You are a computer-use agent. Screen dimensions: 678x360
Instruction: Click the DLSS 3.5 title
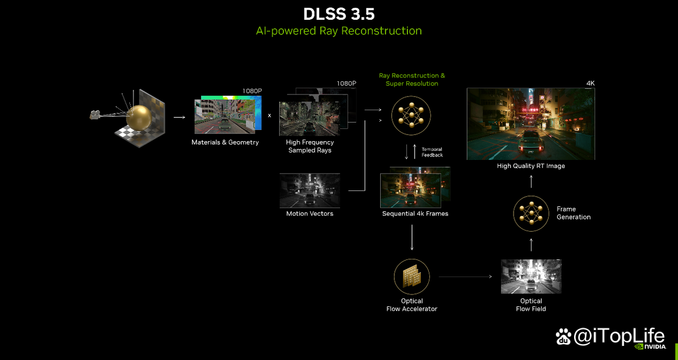(339, 14)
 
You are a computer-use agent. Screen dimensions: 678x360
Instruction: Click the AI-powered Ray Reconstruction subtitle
(338, 31)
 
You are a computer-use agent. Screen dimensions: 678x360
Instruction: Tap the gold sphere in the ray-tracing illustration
(139, 118)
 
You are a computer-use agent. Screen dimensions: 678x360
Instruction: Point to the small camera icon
(95, 115)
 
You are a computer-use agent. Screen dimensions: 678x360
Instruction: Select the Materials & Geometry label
(225, 142)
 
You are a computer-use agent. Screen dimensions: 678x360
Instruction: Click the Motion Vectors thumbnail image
(310, 190)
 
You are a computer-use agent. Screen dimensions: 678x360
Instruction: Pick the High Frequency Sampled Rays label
(310, 146)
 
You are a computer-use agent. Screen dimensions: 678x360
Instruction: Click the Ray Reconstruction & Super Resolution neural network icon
(411, 115)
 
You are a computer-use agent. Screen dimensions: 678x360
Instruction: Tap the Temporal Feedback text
(432, 152)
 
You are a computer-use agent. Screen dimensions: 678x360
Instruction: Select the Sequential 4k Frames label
(415, 214)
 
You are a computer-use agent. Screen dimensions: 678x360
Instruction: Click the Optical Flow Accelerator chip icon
(412, 276)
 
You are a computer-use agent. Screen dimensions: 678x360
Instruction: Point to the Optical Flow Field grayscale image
(531, 276)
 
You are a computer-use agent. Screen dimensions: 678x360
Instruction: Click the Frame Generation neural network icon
(531, 214)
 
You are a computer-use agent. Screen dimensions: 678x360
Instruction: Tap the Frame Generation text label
(573, 213)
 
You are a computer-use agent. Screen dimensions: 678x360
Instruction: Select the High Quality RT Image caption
(531, 166)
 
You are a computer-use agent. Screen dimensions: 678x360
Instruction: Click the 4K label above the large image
(590, 83)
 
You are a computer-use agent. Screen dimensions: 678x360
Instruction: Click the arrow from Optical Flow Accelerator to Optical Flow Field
(465, 276)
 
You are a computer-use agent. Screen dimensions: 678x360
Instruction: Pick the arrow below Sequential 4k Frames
(412, 237)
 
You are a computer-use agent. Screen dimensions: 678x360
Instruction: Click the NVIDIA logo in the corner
(650, 346)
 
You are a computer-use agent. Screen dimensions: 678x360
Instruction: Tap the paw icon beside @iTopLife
(563, 336)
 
